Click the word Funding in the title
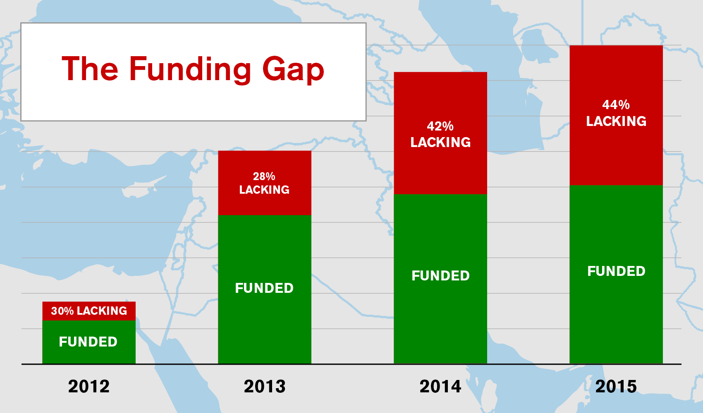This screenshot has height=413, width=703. click(190, 70)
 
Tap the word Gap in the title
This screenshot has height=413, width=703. click(293, 70)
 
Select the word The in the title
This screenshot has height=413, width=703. click(90, 68)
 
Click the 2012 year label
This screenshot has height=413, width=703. click(89, 387)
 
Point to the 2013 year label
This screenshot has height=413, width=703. click(265, 387)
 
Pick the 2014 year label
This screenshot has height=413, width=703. click(440, 387)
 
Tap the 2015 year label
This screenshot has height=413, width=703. click(616, 387)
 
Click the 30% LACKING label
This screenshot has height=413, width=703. click(89, 311)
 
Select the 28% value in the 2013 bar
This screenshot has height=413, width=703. click(264, 176)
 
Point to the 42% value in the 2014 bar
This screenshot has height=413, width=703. click(440, 126)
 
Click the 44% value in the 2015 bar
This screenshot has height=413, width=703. click(616, 104)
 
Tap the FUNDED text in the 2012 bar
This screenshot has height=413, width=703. click(88, 342)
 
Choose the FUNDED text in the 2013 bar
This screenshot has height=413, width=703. click(264, 288)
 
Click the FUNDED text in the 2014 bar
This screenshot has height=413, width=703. click(441, 276)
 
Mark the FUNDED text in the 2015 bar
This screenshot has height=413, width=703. click(617, 271)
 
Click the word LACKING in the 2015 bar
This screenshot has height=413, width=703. click(617, 121)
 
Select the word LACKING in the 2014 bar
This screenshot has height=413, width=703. click(441, 142)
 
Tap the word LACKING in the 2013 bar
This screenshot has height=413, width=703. click(264, 190)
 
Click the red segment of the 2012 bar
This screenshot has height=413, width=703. click(89, 311)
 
